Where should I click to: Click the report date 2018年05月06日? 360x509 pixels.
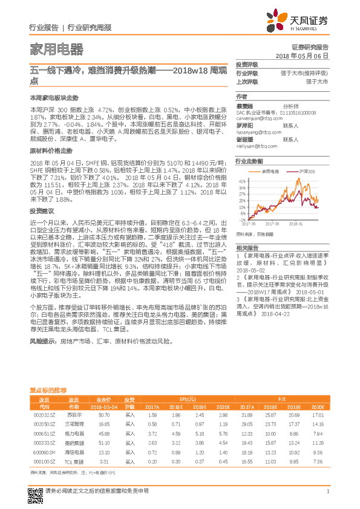(301, 55)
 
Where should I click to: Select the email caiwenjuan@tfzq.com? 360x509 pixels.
(255, 120)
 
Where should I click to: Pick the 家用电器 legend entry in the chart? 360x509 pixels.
(270, 172)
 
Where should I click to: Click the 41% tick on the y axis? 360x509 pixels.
(242, 181)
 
